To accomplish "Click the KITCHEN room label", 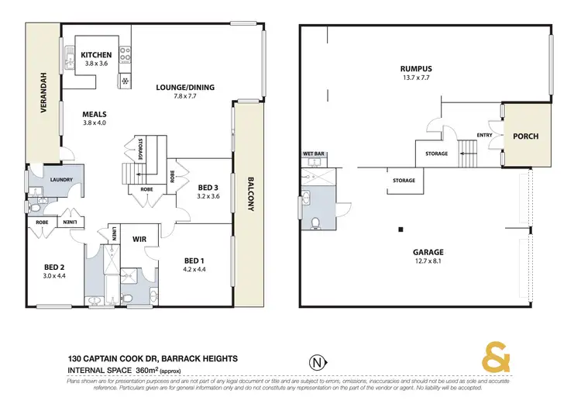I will [x=97, y=55].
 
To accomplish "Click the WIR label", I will [x=139, y=239].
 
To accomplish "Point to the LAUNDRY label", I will [x=61, y=180].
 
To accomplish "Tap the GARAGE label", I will [x=428, y=252].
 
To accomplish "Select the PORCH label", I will [x=525, y=136].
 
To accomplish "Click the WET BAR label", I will [x=314, y=154].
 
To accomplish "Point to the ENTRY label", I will [x=485, y=136].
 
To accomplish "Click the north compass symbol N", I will [x=315, y=361].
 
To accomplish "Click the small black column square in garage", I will [x=401, y=229].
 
